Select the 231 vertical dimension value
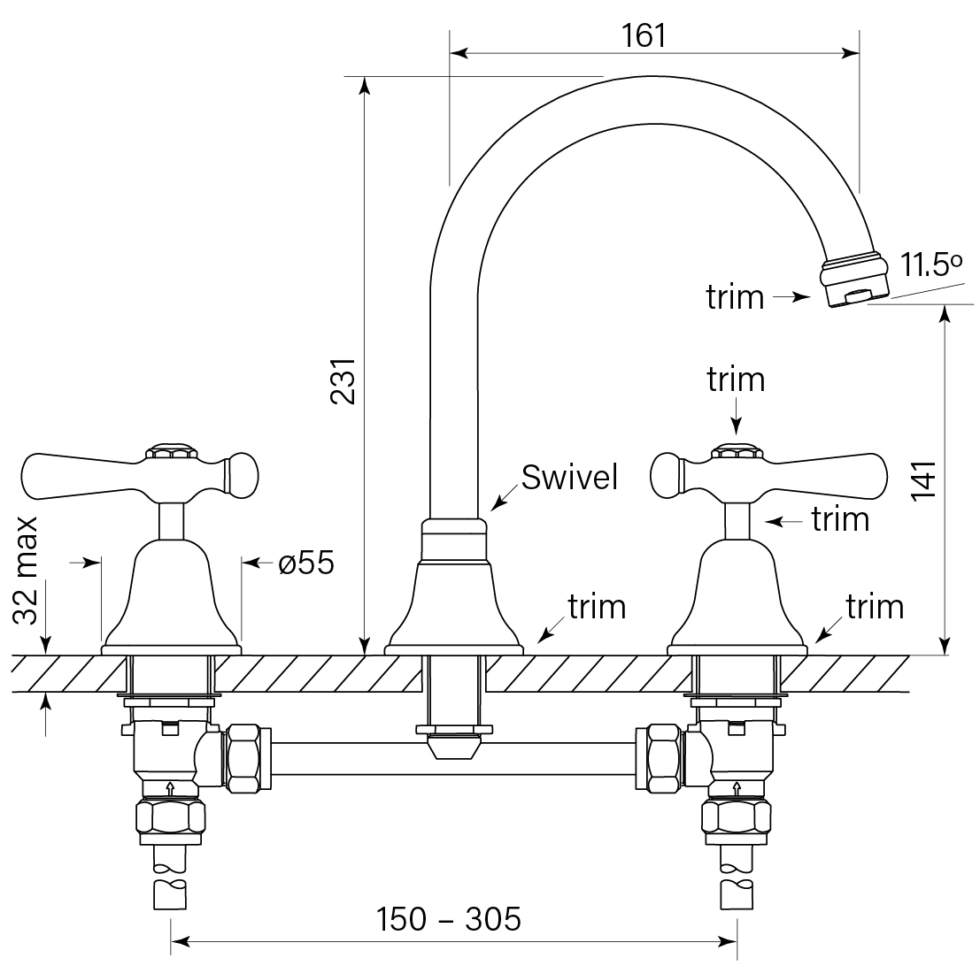tap(343, 381)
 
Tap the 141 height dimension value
tap(923, 482)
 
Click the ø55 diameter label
tap(306, 563)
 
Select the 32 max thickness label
tap(27, 571)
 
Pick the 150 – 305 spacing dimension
tap(449, 920)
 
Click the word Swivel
tap(569, 478)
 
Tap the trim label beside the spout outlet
tap(735, 298)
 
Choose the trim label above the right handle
tap(736, 379)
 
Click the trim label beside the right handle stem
tap(840, 519)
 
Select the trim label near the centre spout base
tap(597, 607)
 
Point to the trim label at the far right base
tap(875, 607)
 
